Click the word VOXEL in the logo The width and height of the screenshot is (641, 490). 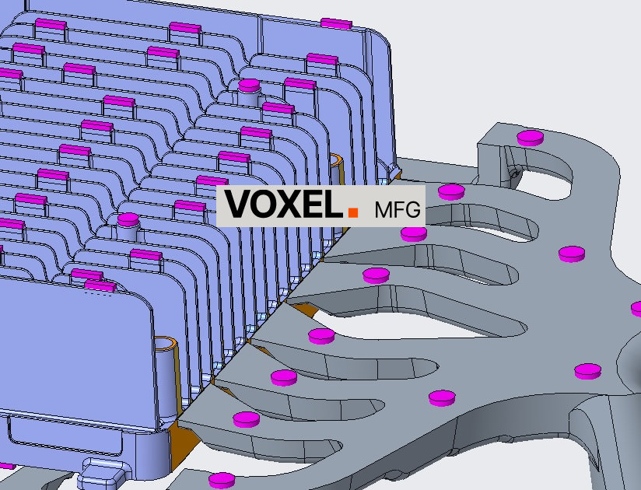[x=283, y=204]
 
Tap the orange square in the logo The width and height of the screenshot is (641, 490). [x=353, y=212]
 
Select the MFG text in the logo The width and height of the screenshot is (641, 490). [x=398, y=209]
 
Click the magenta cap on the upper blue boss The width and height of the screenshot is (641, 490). [x=249, y=86]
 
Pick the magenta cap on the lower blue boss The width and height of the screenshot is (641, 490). [x=128, y=219]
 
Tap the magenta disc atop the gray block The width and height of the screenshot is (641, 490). [x=531, y=138]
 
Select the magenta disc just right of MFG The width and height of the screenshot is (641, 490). [x=451, y=192]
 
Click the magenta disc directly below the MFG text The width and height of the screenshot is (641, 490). [x=414, y=234]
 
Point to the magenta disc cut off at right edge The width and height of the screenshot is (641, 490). [x=636, y=309]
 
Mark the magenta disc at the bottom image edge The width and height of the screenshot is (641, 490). [x=222, y=481]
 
